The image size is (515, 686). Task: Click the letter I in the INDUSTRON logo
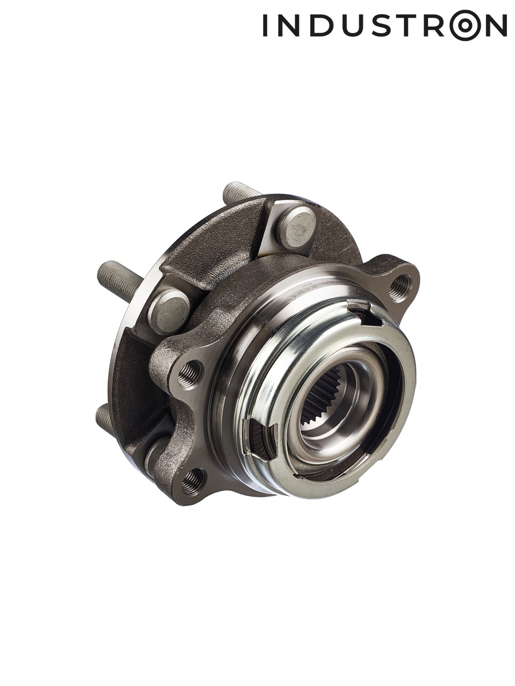pyautogui.click(x=265, y=25)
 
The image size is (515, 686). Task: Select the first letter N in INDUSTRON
pyautogui.click(x=289, y=25)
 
